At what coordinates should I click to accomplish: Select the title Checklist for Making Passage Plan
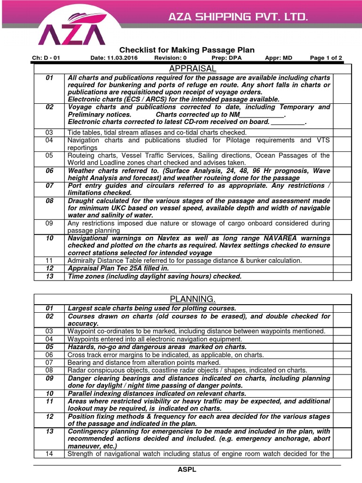point(187,50)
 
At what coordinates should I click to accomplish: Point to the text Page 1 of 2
point(326,58)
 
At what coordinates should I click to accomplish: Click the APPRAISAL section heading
point(192,68)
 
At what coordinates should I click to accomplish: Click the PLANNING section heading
point(192,299)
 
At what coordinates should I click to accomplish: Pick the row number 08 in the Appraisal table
point(49,200)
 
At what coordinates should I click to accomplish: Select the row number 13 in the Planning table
point(49,431)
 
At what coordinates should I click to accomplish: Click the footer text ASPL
point(187,470)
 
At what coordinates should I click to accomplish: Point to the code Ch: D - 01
point(46,58)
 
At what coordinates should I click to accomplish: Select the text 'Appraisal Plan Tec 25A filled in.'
point(118,268)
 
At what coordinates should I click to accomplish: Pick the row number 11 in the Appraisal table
point(49,260)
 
